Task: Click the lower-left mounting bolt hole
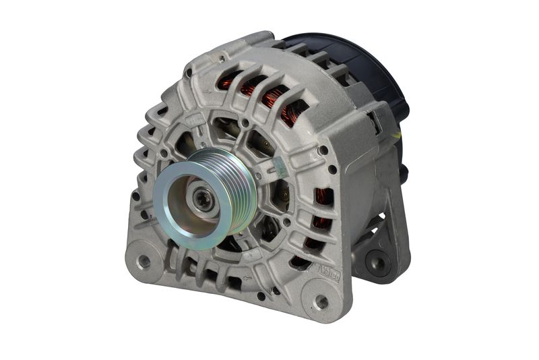144,259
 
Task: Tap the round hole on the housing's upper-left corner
221,59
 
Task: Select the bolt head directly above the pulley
244,124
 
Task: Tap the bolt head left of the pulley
164,154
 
